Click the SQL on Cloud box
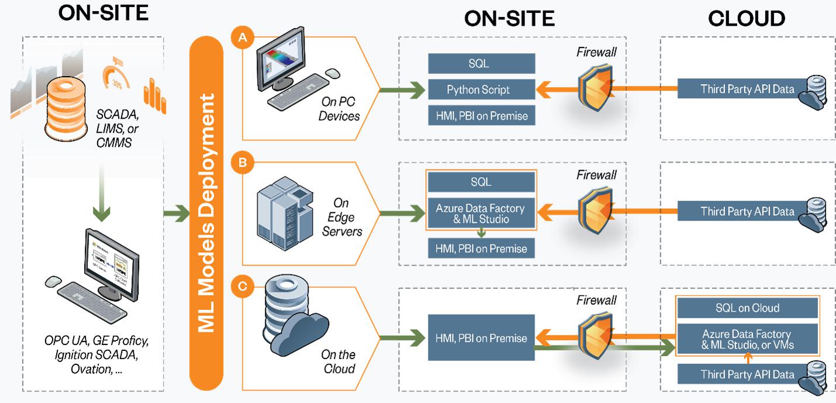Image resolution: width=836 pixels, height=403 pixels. tap(747, 308)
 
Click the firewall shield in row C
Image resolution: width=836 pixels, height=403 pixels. tap(596, 338)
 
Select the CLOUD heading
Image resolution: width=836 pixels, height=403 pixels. tap(747, 18)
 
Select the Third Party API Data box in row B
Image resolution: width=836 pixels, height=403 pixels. tap(747, 211)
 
